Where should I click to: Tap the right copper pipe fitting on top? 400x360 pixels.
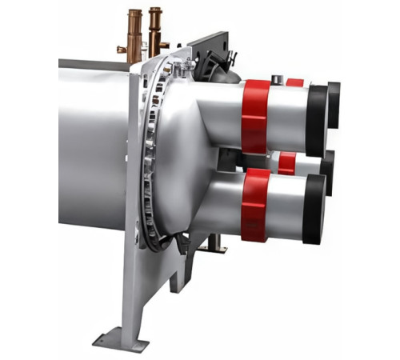click(154, 28)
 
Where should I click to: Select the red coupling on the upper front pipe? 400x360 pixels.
click(255, 115)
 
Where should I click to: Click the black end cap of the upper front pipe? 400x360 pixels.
click(317, 120)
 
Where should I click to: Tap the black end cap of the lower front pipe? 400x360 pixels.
click(314, 209)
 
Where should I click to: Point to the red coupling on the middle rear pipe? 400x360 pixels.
click(286, 162)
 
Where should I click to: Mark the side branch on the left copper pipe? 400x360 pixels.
click(122, 50)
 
